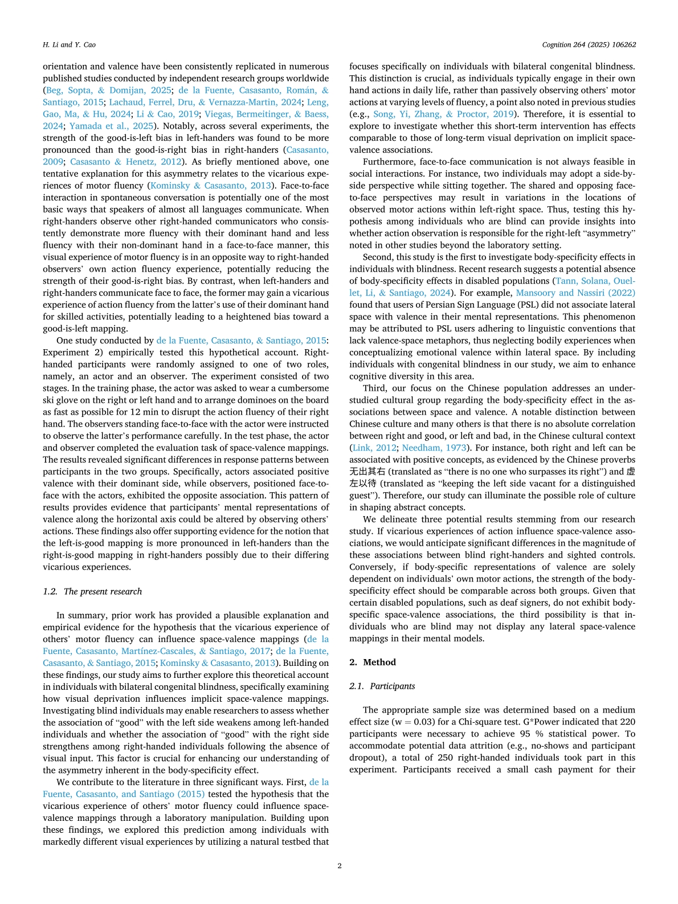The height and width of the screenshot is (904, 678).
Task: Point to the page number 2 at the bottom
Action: tap(340, 866)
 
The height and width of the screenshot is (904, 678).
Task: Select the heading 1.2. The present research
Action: tap(92, 591)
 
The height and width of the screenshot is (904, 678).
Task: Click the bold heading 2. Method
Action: tap(373, 662)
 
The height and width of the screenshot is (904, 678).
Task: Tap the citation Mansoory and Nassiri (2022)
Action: tap(575, 293)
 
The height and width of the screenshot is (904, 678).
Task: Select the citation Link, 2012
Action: tap(374, 448)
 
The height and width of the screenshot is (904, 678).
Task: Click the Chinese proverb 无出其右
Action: tap(369, 472)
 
